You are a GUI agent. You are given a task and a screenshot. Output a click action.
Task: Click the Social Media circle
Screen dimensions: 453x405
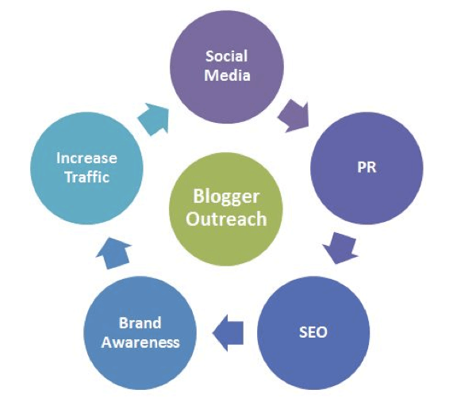point(227,67)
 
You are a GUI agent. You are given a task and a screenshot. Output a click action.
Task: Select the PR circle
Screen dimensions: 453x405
point(367,168)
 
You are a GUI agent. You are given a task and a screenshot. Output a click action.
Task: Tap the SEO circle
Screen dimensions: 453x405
point(313,333)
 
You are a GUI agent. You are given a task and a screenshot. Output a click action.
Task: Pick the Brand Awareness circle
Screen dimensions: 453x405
point(140,333)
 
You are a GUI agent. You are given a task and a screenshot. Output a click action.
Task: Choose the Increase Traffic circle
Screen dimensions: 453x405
point(86,168)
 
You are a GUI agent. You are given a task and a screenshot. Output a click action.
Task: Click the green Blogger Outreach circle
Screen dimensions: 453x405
point(226,208)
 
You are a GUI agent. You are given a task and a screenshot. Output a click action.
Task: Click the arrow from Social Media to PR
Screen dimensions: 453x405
point(294,117)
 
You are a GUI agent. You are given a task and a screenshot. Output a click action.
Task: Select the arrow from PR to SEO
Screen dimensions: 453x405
point(340,248)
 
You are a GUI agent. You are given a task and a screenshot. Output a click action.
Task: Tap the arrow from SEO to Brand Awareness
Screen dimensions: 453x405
point(228,333)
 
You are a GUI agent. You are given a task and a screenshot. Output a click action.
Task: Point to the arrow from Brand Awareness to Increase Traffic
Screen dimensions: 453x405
point(113,253)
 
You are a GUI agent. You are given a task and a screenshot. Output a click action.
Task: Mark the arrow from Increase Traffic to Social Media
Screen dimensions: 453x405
point(153,119)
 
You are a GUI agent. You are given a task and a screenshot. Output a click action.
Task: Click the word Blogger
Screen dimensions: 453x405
point(226,197)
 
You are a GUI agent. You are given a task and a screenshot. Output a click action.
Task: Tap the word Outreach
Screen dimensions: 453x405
point(226,219)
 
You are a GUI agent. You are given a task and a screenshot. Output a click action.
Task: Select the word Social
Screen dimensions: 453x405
point(227,56)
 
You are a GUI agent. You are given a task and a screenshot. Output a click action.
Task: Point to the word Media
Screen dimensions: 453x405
point(227,75)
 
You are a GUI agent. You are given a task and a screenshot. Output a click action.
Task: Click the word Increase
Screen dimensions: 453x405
point(86,159)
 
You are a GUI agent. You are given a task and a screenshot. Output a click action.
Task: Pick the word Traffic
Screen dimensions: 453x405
point(87,177)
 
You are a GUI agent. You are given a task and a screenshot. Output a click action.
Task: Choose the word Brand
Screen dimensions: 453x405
point(140,323)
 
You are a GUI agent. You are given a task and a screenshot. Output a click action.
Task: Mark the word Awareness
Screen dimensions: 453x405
point(140,342)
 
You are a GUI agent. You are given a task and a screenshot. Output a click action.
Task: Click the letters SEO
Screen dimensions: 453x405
point(313,332)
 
